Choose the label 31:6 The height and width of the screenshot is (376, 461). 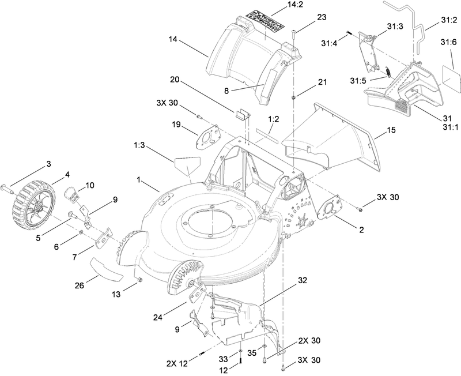tap(449, 42)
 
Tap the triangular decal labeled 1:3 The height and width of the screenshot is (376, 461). tap(186, 165)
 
